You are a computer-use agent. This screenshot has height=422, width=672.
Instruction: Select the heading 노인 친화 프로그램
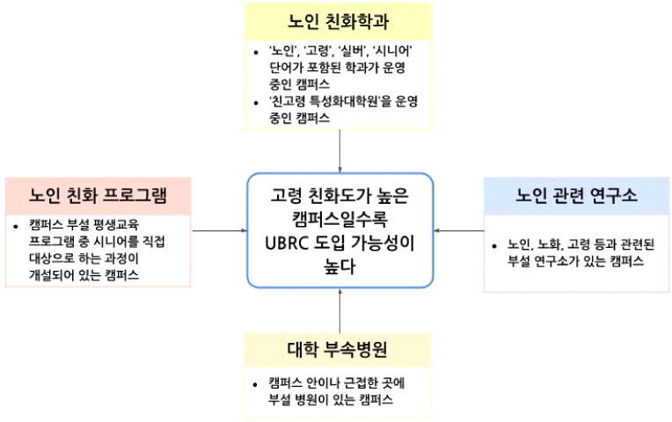click(98, 193)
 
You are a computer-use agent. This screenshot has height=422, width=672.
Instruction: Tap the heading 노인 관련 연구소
click(576, 193)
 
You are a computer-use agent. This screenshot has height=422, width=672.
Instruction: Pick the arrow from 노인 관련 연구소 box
click(459, 230)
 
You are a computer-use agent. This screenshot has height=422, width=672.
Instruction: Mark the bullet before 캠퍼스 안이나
click(253, 382)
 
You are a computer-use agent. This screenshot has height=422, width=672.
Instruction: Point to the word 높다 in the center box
click(340, 266)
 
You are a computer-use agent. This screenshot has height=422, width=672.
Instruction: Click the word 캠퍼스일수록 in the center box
click(340, 217)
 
